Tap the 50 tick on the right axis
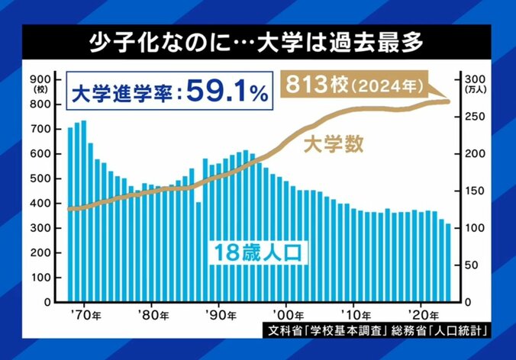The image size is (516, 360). click(473, 265)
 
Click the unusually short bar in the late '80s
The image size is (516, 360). click(198, 252)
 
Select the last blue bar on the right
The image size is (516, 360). click(448, 263)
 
